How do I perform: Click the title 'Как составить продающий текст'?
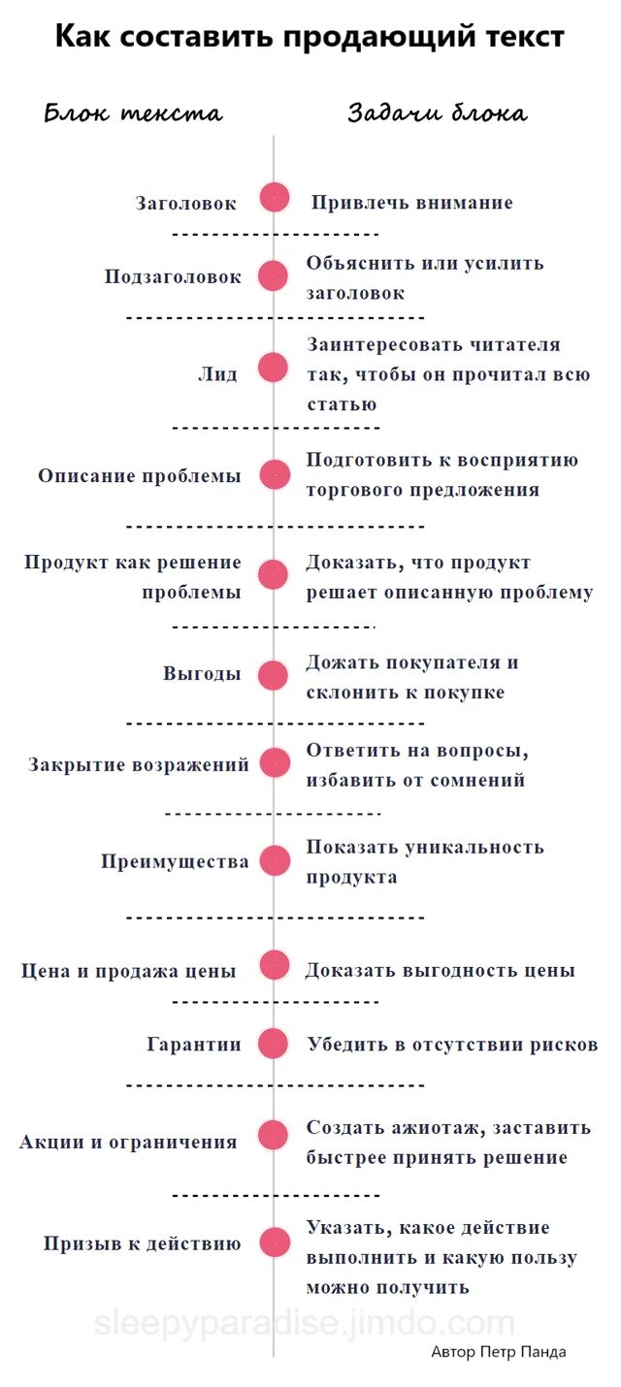coord(310,38)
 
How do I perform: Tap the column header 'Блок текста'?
coord(134,113)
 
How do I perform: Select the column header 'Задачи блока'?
coord(438,113)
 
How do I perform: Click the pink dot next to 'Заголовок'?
coord(275,198)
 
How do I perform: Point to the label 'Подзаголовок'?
coord(173,276)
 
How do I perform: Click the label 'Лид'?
coord(217,374)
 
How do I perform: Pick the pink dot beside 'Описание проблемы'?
coord(275,475)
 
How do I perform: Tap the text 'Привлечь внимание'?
coord(411,203)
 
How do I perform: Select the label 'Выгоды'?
coord(202,674)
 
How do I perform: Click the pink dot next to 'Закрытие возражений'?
coord(275,762)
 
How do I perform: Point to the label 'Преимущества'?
coord(175,861)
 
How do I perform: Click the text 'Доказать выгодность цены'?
coord(441,970)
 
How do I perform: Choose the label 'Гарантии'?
coord(194,1045)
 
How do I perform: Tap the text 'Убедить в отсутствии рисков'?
coord(452,1045)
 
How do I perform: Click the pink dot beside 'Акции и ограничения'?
coord(275,1134)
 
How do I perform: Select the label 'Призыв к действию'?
coord(142,1243)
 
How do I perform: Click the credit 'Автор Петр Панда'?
coord(499,1351)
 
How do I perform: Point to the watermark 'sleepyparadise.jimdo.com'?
coord(305,1323)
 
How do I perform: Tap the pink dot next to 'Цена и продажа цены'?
coord(275,965)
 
